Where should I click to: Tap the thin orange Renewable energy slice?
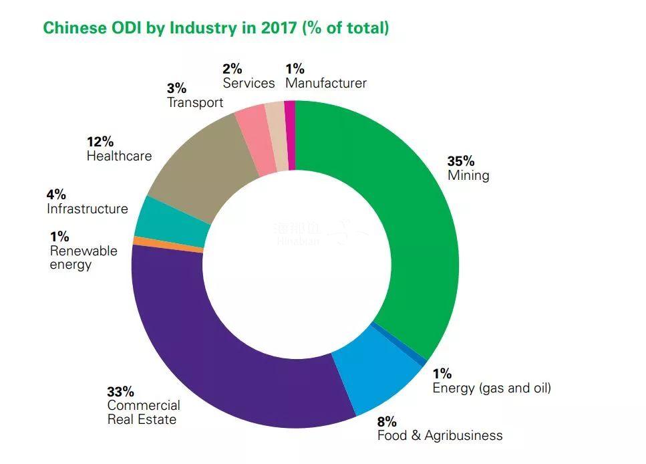point(167,245)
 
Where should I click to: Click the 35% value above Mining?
point(460,161)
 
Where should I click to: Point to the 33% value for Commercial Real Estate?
point(120,392)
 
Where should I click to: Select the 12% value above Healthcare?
point(100,142)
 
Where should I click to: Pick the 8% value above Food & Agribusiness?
point(387,422)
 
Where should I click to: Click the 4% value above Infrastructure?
point(56,195)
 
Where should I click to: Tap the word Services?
point(249,83)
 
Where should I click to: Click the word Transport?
point(195,102)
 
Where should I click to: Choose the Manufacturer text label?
point(326,83)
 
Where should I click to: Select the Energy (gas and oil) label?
point(492,388)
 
